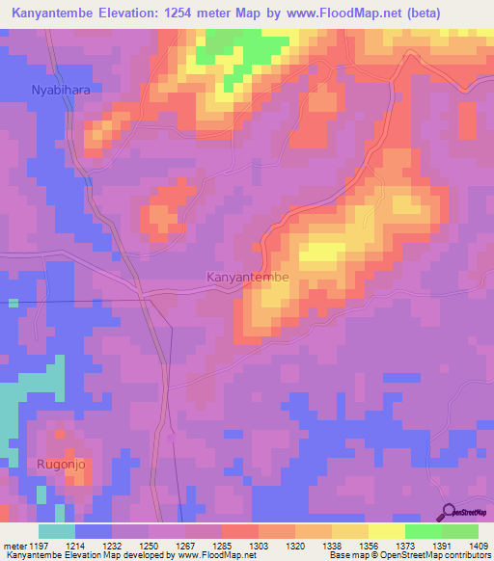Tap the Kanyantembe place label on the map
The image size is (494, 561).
coord(248,277)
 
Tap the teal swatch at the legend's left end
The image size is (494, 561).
coord(57,531)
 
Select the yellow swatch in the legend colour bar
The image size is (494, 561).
coord(387,531)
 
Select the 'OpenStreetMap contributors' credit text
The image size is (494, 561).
coord(442,555)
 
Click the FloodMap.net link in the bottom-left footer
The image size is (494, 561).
coord(210,555)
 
